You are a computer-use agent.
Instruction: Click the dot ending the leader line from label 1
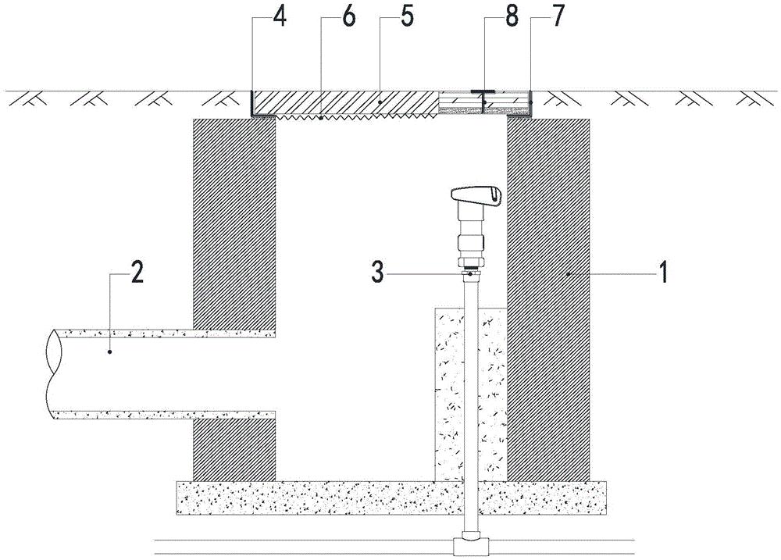tap(567, 273)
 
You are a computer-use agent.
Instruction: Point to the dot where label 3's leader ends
tap(469, 273)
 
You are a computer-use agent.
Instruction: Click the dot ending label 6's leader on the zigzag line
tap(321, 119)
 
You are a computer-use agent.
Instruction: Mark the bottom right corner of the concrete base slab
tap(607, 514)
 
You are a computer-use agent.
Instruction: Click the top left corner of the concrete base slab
tap(177, 481)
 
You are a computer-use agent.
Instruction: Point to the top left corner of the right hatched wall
tap(507, 119)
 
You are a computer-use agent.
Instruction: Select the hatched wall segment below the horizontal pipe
tap(234, 450)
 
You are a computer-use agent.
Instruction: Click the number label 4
tap(280, 16)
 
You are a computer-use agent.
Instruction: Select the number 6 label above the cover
tap(348, 16)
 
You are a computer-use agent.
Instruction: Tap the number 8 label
tap(512, 16)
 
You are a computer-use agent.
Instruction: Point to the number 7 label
tap(558, 16)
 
